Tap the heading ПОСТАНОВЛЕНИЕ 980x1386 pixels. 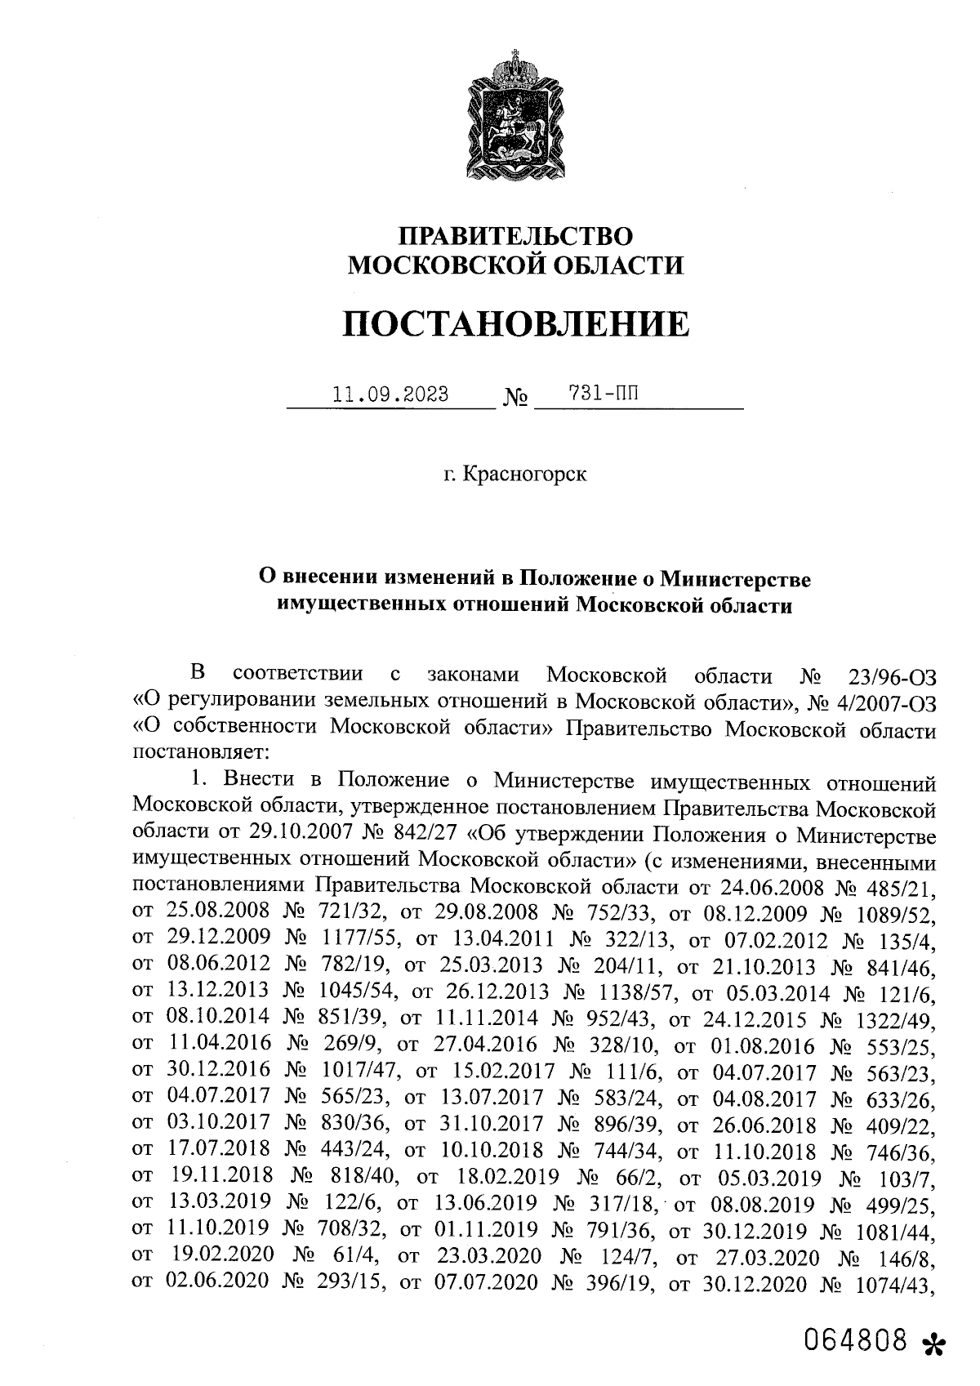pyautogui.click(x=514, y=323)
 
